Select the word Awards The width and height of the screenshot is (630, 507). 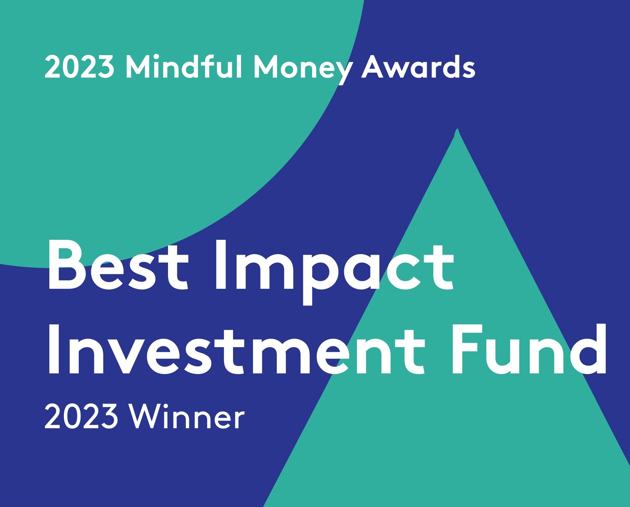point(418,67)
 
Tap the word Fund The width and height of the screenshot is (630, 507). point(528,349)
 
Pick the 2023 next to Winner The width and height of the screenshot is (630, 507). point(81,417)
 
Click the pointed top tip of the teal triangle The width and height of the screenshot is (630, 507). point(457,128)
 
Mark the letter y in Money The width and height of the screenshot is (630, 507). point(342,73)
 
